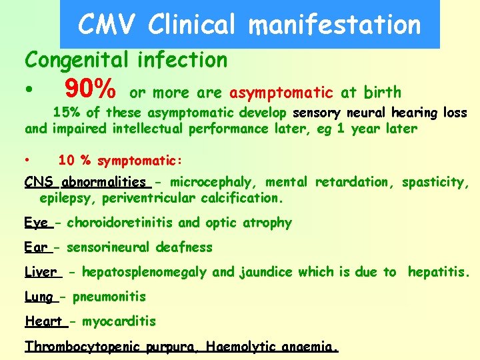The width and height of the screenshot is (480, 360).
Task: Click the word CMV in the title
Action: (x=107, y=25)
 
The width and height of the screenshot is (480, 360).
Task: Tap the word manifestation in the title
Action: (x=334, y=25)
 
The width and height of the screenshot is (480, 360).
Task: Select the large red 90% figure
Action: (x=91, y=88)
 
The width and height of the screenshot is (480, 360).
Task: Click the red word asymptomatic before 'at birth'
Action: (x=281, y=92)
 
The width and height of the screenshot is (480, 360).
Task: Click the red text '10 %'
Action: (x=75, y=161)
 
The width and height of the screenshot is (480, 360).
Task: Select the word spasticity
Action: (x=436, y=182)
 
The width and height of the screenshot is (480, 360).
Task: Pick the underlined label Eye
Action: (x=37, y=223)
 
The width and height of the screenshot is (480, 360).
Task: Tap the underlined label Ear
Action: (x=36, y=247)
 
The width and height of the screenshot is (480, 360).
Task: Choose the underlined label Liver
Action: (x=41, y=272)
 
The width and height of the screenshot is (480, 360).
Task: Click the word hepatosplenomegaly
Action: (x=145, y=272)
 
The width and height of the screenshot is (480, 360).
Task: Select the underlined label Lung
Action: (x=39, y=297)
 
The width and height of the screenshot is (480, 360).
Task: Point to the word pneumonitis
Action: (x=109, y=297)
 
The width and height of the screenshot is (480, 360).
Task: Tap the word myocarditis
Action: (x=119, y=321)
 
